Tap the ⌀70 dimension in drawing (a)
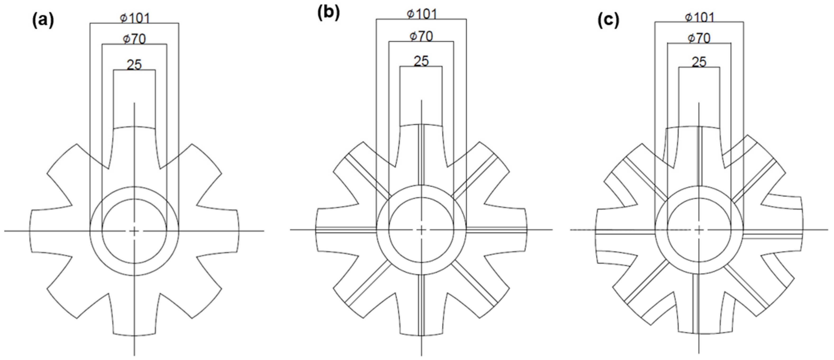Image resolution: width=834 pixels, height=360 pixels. tap(134, 39)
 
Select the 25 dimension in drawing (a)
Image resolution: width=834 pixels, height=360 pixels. tap(134, 65)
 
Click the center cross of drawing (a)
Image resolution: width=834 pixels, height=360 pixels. tap(134, 231)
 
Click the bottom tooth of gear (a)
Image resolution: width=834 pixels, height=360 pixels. tap(134, 317)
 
